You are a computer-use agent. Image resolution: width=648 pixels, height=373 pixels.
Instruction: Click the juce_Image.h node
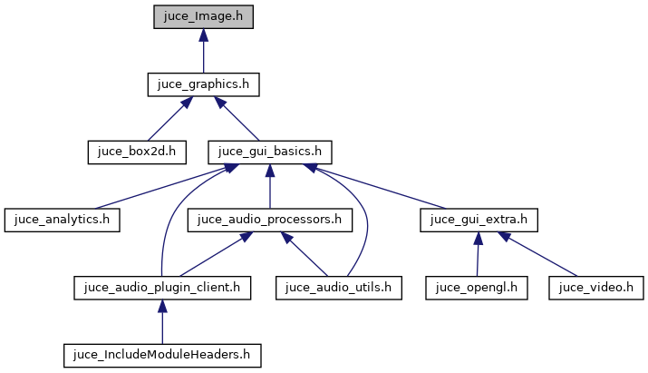(x=203, y=16)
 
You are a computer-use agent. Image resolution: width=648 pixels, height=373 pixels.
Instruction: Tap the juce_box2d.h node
(x=136, y=152)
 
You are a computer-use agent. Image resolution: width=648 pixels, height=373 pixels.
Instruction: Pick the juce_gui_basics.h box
(x=270, y=152)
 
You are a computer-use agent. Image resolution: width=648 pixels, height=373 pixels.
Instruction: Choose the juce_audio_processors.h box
(x=270, y=220)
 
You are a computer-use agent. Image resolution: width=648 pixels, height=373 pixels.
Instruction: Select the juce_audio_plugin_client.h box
(x=161, y=288)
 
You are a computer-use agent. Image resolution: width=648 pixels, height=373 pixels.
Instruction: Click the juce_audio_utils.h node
(x=338, y=288)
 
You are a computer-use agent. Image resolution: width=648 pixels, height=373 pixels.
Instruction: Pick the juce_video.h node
(x=595, y=288)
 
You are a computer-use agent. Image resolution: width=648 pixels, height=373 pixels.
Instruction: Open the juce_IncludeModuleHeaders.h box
(x=161, y=355)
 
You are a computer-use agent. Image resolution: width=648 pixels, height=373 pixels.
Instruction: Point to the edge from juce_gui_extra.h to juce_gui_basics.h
(x=381, y=188)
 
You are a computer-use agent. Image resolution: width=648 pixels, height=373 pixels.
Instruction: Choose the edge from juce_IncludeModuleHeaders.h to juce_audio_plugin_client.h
(x=161, y=323)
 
